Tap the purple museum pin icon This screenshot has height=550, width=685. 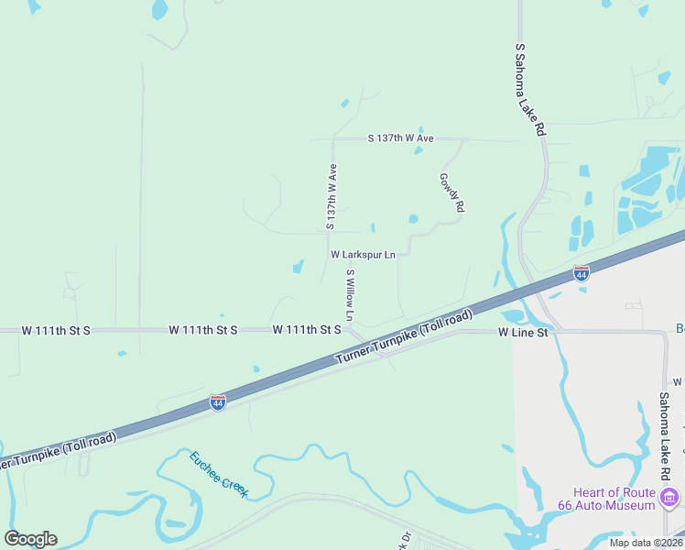pos(670,498)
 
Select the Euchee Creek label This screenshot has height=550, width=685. pos(219,474)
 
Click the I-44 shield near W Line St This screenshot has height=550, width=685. pos(581,273)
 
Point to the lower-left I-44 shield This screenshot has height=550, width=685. pos(217,402)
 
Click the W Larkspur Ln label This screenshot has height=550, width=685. pos(363,254)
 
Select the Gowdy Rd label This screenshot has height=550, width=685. pos(451,193)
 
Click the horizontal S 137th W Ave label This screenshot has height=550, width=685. pos(400,138)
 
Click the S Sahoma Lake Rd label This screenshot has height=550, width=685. pos(530,90)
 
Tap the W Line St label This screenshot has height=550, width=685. pos(523,333)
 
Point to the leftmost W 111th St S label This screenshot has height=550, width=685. pos(55,329)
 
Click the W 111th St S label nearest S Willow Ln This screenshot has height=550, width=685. pos(307,329)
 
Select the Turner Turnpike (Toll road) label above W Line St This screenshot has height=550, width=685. pos(404,335)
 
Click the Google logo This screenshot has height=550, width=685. pos(30,539)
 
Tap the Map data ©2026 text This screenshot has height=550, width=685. pos(645,543)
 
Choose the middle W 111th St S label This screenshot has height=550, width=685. pos(203,329)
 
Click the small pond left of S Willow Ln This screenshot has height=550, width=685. pos(298,267)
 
